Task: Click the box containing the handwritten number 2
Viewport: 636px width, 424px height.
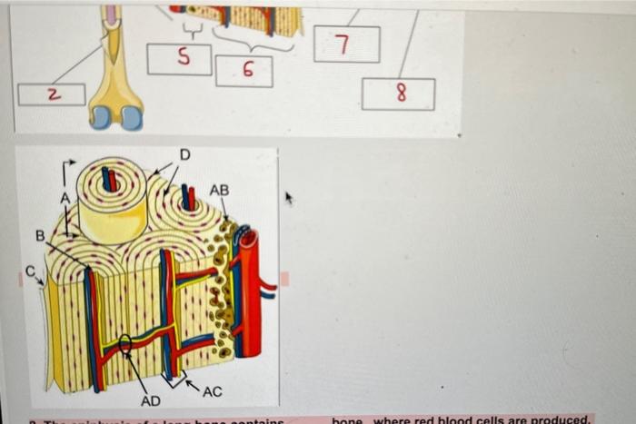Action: (x=52, y=94)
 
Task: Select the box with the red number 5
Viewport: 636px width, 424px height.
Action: (x=180, y=59)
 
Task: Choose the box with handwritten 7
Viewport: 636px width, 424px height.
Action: (x=347, y=44)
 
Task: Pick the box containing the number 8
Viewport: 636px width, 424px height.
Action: (x=398, y=94)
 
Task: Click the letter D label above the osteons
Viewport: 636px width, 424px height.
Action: (x=184, y=155)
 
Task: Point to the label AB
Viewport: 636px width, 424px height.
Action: (x=219, y=190)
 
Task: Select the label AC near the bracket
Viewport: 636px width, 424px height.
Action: (x=212, y=391)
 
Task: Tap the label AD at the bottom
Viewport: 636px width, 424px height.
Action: (x=151, y=400)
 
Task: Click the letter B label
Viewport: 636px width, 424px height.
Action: (x=40, y=236)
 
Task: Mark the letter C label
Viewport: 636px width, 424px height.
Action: (x=29, y=270)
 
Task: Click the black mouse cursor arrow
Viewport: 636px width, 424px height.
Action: (x=291, y=196)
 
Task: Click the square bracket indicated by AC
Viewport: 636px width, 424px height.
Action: (x=174, y=377)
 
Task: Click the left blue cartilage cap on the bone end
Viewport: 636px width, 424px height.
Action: (x=102, y=118)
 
